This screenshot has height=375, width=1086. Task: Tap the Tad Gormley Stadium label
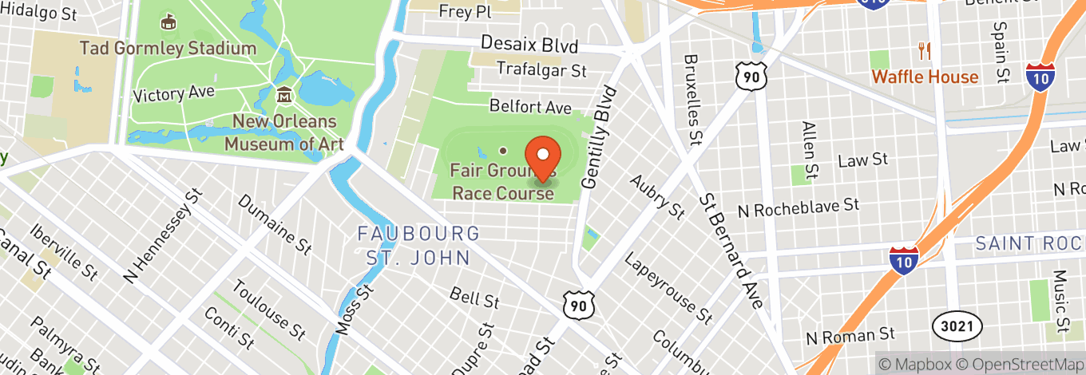pyautogui.click(x=168, y=48)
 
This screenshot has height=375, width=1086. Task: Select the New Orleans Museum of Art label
pyautogui.click(x=283, y=133)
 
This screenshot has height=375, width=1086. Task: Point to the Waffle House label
pyautogui.click(x=925, y=77)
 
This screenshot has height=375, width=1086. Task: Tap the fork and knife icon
pyautogui.click(x=925, y=51)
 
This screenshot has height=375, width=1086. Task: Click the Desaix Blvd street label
pyautogui.click(x=529, y=45)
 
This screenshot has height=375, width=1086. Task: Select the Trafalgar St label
pyautogui.click(x=541, y=69)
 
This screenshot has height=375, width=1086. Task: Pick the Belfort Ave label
pyautogui.click(x=530, y=106)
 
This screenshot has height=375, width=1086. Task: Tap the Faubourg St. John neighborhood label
pyautogui.click(x=418, y=246)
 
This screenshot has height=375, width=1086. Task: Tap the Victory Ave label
pyautogui.click(x=173, y=93)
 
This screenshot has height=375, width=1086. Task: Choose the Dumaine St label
pyautogui.click(x=274, y=224)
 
